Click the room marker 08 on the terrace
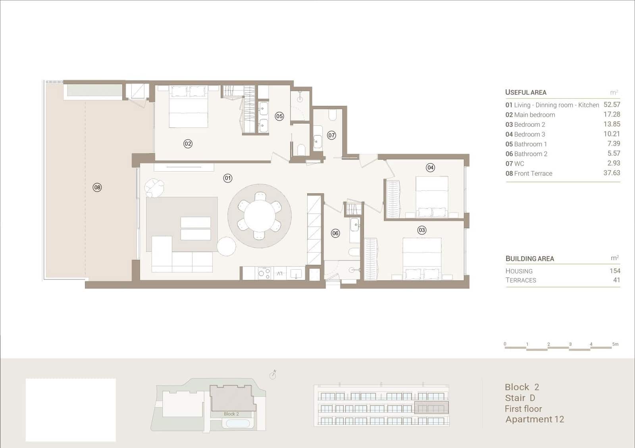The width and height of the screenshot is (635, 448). click(97, 187)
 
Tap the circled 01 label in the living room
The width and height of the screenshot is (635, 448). click(228, 178)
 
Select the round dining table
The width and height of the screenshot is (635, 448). click(260, 216)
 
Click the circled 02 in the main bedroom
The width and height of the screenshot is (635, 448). click(188, 144)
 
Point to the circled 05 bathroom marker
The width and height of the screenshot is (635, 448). click(279, 116)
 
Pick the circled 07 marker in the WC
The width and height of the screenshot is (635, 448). click(331, 135)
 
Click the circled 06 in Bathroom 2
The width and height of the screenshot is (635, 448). click(335, 234)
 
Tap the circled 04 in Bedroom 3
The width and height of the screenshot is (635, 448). click(430, 168)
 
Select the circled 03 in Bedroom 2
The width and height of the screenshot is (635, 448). click(421, 230)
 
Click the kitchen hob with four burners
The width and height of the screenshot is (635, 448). click(264, 273)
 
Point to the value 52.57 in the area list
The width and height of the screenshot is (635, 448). click(612, 105)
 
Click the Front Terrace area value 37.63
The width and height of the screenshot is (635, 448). click(612, 173)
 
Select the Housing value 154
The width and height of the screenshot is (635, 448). click(615, 271)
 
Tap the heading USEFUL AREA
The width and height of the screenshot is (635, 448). click(525, 92)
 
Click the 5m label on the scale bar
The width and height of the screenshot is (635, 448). click(615, 344)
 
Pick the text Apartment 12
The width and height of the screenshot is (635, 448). click(535, 419)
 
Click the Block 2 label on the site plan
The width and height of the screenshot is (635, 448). click(231, 414)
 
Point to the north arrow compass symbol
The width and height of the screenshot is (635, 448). click(273, 375)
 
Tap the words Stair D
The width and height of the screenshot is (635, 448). click(520, 398)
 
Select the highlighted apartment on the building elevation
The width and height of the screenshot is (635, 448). click(431, 408)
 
